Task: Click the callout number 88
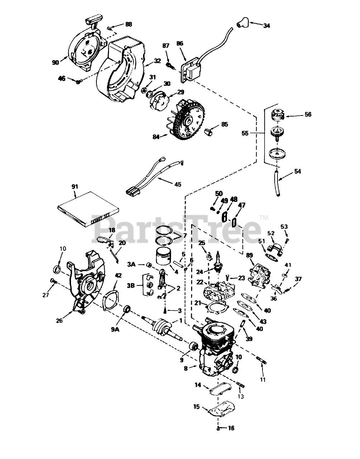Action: coord(128,24)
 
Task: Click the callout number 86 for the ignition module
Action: coord(180,43)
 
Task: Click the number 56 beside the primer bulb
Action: coord(308,115)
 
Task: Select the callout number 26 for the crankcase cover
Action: coord(59,321)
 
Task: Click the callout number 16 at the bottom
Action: coord(231,428)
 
